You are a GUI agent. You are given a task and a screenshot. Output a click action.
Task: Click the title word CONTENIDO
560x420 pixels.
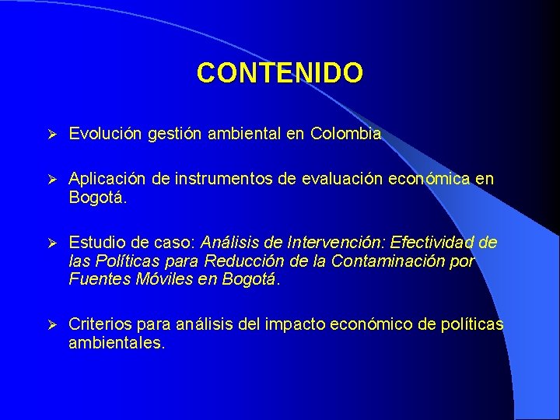tap(279, 73)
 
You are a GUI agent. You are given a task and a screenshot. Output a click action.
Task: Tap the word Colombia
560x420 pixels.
tap(345, 134)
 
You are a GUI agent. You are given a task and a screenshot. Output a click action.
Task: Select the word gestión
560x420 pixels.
tap(170, 135)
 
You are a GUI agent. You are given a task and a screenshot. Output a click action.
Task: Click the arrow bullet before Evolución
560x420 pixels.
tap(49, 135)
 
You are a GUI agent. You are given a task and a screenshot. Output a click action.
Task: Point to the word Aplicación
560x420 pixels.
tap(106, 180)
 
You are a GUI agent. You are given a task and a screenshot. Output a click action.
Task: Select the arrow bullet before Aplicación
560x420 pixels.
tap(49, 180)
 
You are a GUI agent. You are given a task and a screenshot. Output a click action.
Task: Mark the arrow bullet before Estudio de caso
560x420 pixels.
tap(49, 243)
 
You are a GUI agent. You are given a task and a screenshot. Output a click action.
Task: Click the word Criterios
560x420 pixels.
tap(98, 324)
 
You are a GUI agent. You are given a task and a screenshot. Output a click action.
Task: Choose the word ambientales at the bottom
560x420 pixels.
tap(116, 342)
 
